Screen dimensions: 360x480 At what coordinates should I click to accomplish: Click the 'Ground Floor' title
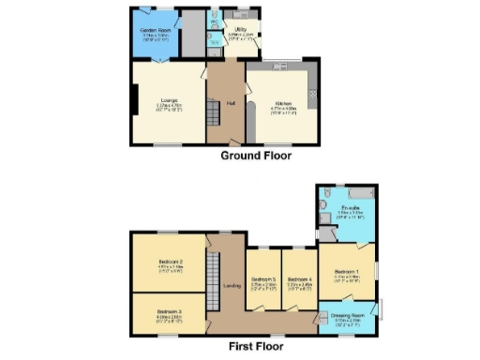point(256,156)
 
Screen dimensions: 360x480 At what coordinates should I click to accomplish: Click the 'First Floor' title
point(255,345)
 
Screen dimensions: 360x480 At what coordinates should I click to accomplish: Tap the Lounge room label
point(170,99)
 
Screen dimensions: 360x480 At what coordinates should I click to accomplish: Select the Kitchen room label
point(283,103)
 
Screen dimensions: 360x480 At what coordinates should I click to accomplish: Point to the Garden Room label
point(156,31)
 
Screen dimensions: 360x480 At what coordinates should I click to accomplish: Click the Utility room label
point(240,30)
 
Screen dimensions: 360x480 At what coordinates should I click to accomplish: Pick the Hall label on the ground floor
point(231,102)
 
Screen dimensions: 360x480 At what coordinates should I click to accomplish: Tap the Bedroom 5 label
point(263,279)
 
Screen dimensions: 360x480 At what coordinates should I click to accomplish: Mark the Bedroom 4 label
point(299,279)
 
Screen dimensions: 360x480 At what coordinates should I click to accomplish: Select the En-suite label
point(351,207)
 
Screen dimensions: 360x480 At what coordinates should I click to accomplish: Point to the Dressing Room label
point(348,316)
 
